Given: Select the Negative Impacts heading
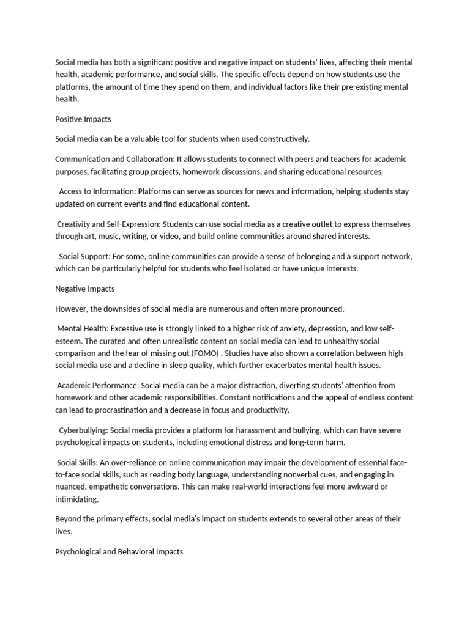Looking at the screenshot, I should click(85, 289).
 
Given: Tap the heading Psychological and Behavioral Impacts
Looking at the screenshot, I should click(119, 551).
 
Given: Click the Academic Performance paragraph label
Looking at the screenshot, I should click(98, 385).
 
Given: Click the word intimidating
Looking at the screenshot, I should click(77, 499).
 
